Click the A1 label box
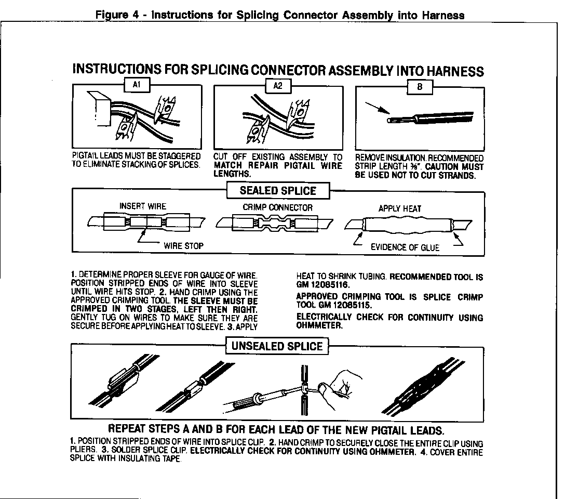click(x=138, y=85)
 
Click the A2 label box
click(x=278, y=86)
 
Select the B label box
click(x=419, y=87)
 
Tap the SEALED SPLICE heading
click(x=277, y=191)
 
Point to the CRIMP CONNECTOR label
click(x=278, y=207)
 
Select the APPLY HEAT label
click(x=400, y=208)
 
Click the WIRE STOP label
click(x=184, y=245)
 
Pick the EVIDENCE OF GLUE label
click(x=405, y=247)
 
